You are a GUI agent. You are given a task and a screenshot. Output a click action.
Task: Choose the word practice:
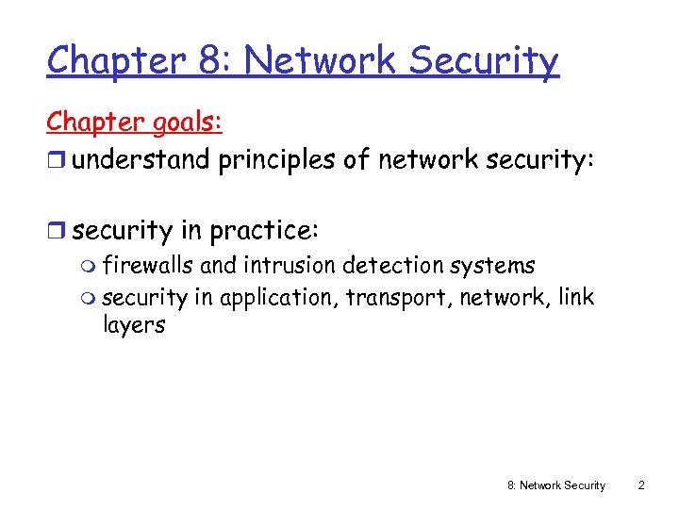tap(266, 230)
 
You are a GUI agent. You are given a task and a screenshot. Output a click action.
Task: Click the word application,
tap(279, 298)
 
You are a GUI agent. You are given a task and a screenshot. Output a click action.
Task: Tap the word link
tap(576, 297)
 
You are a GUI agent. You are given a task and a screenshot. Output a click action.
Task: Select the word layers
tap(133, 326)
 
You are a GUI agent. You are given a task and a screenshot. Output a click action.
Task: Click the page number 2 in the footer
tap(641, 485)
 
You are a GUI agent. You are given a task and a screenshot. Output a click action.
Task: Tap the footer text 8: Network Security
tap(556, 485)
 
